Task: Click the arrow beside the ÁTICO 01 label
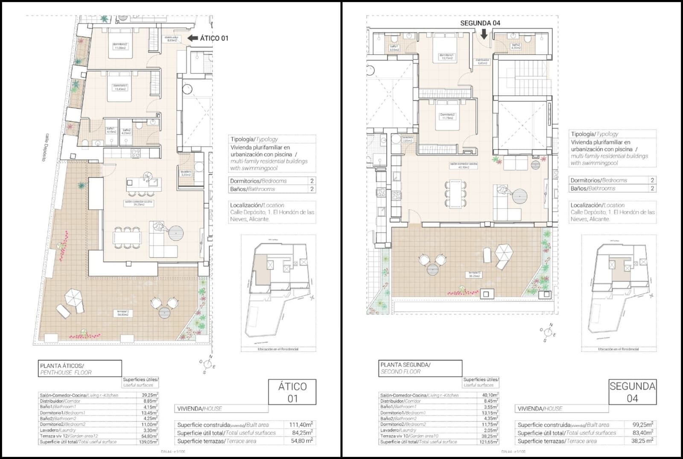(x=193, y=38)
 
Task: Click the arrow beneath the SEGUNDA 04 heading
(x=484, y=34)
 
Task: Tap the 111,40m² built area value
(x=301, y=424)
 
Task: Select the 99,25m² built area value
(x=642, y=425)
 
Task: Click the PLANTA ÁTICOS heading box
(x=79, y=369)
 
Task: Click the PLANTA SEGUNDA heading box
(x=420, y=368)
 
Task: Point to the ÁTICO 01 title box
(x=292, y=392)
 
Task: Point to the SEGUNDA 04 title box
(x=632, y=392)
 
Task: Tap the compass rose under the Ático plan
(x=207, y=364)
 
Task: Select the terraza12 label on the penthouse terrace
(x=123, y=313)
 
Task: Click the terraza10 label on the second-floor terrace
(x=474, y=274)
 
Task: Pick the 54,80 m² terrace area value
(x=303, y=441)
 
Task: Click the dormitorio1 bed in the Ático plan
(x=120, y=91)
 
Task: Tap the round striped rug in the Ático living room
(x=175, y=233)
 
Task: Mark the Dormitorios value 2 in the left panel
(x=312, y=181)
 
